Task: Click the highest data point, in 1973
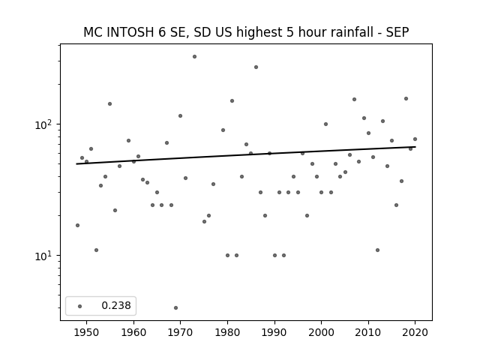[194, 57]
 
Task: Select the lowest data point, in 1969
[175, 308]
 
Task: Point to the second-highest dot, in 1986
[256, 67]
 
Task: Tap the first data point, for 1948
[77, 225]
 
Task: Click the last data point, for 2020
[415, 139]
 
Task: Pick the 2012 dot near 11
[377, 250]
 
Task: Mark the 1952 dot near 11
[96, 250]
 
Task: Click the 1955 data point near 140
[109, 103]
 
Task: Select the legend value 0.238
[116, 305]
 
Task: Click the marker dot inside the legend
[80, 306]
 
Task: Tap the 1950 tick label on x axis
[87, 332]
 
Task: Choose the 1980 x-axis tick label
[227, 332]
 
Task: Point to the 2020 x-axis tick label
[415, 332]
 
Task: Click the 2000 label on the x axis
[322, 332]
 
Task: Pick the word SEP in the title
[397, 32]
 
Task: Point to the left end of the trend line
[76, 164]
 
